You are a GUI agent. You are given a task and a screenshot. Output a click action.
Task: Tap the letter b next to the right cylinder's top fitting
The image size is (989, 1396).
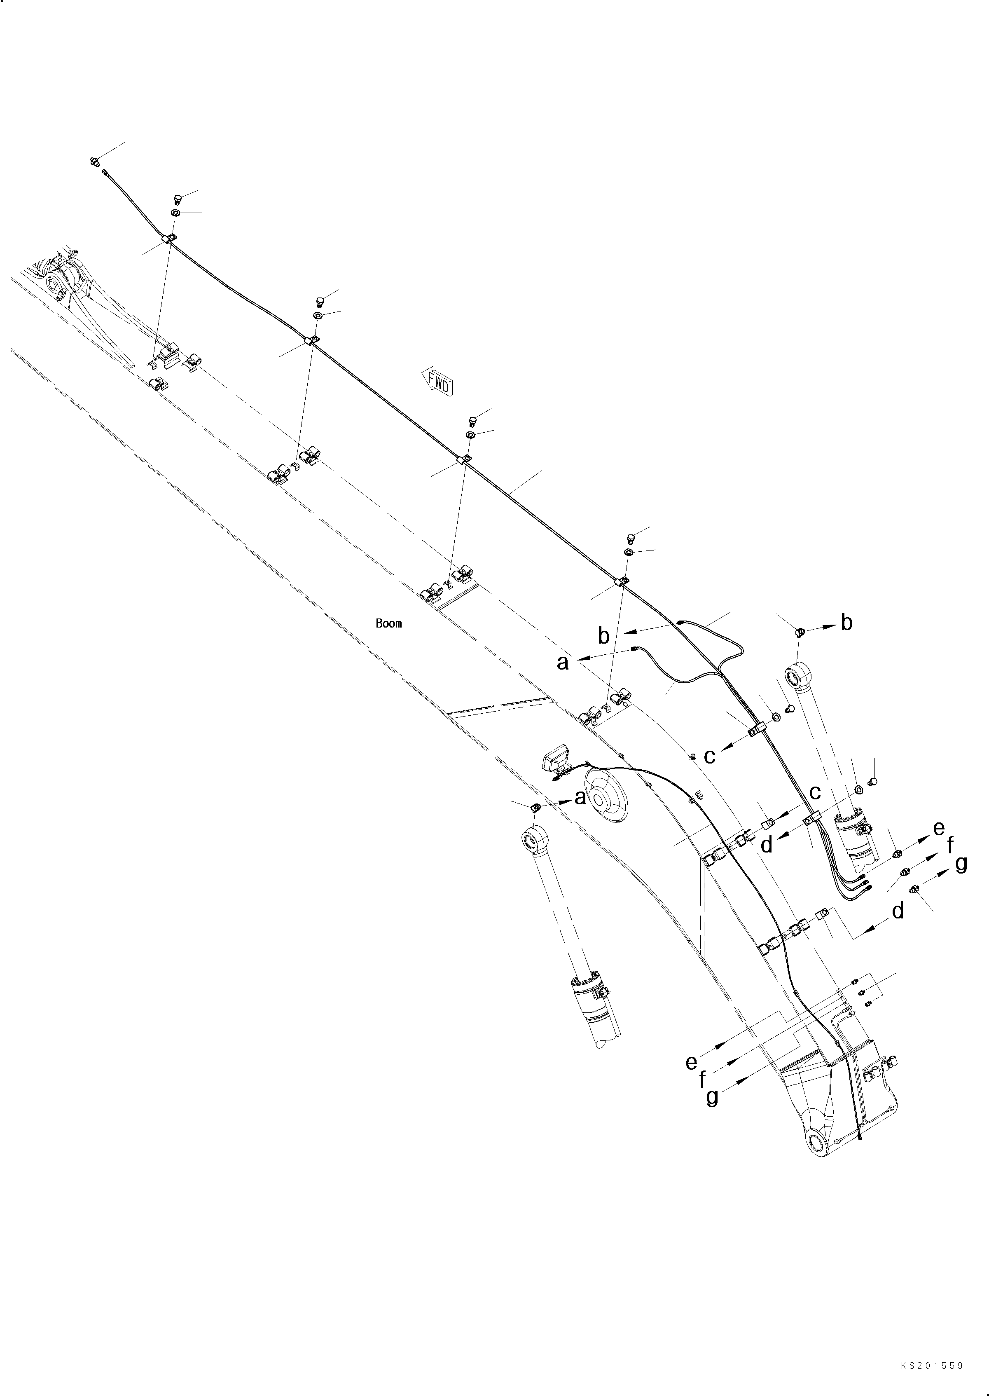846,623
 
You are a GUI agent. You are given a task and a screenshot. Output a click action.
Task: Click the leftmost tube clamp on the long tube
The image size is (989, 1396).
169,238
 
